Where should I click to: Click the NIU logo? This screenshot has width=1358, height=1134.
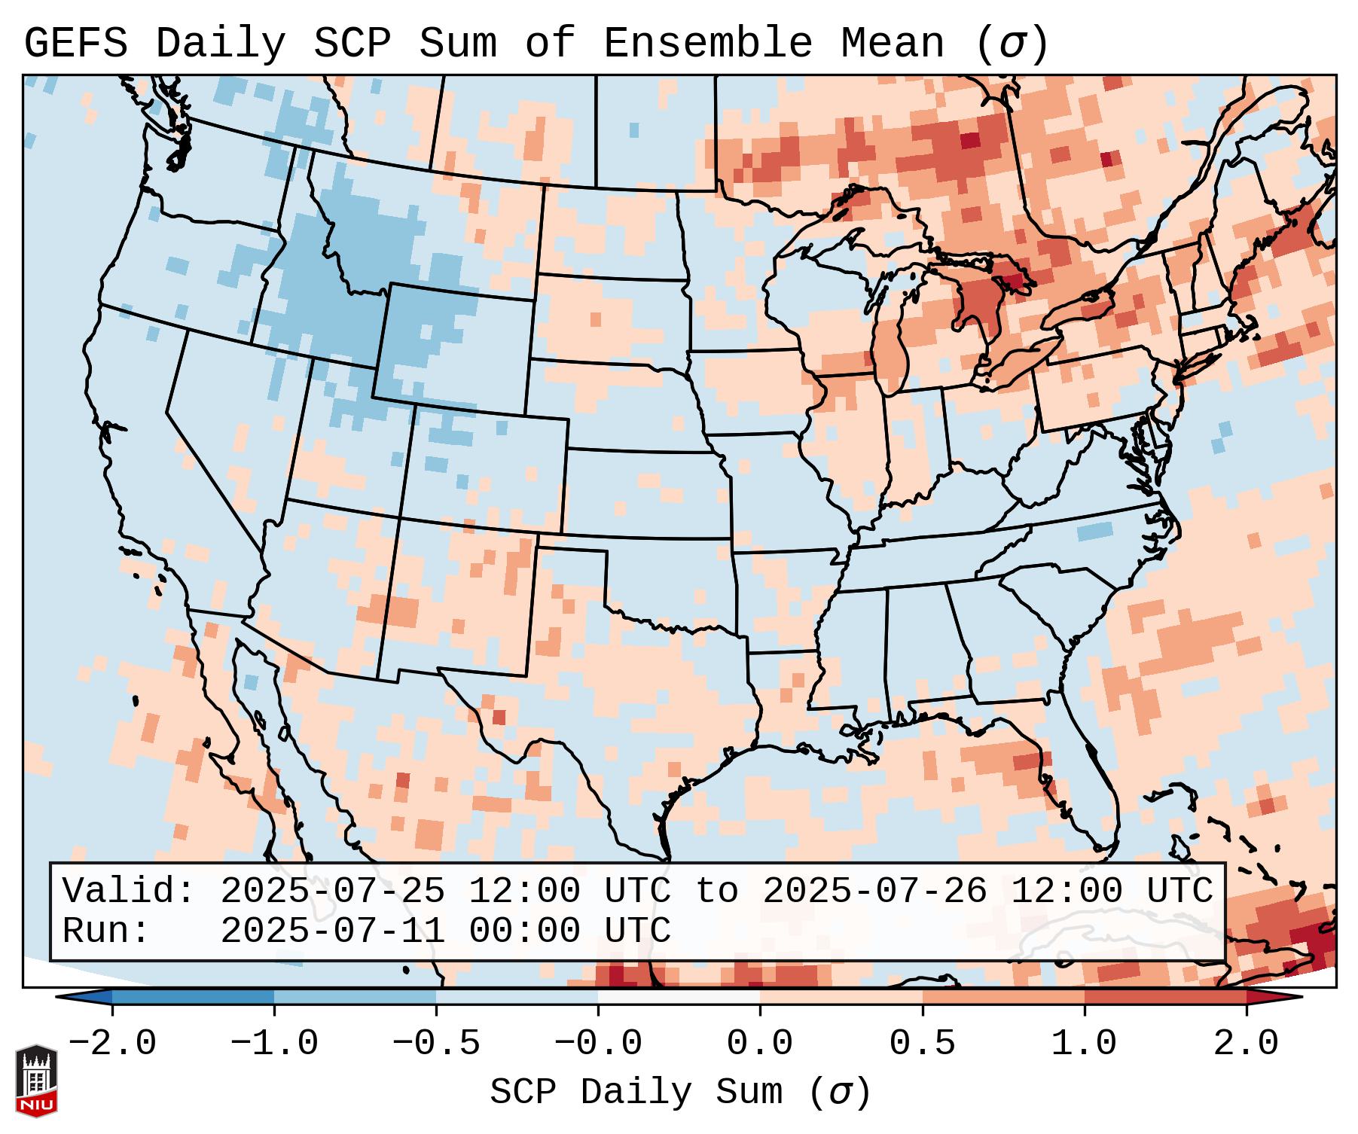[x=36, y=1080]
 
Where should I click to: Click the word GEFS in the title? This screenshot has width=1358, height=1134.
[x=75, y=44]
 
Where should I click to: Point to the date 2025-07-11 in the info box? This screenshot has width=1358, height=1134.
[x=332, y=931]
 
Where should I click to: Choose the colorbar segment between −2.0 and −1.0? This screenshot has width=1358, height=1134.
[x=193, y=997]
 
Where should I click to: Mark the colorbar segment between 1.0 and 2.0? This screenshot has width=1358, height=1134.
[x=1164, y=997]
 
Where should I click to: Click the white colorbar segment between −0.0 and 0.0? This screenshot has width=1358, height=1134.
[x=679, y=997]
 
